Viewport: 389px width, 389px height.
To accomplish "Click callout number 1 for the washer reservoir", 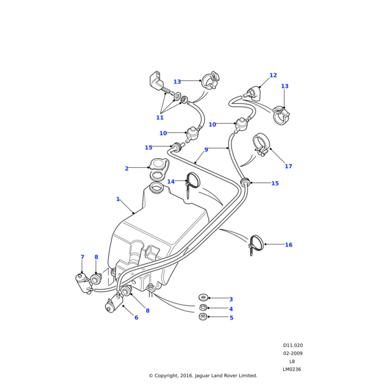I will pyautogui.click(x=118, y=199).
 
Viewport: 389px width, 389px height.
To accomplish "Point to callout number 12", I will pyautogui.click(x=273, y=75).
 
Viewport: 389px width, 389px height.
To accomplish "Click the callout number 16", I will pyautogui.click(x=289, y=245).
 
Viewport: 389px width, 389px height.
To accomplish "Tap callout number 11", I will pyautogui.click(x=159, y=117).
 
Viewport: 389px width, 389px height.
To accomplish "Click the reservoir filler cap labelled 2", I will pyautogui.click(x=159, y=166).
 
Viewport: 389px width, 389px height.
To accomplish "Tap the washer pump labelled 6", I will pyautogui.click(x=114, y=303).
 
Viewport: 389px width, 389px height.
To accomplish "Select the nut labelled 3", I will pyautogui.click(x=203, y=298).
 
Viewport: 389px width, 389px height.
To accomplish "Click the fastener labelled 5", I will pyautogui.click(x=203, y=316).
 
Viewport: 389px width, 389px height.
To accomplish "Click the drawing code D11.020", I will pyautogui.click(x=292, y=346).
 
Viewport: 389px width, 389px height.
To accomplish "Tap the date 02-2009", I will pyautogui.click(x=292, y=353).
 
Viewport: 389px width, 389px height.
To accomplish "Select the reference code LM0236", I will pyautogui.click(x=292, y=369).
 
